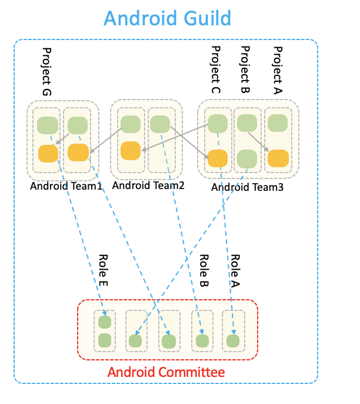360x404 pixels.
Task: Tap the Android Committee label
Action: tap(165, 372)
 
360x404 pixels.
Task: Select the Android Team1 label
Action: tap(66, 187)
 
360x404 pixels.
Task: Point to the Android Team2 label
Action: tap(148, 186)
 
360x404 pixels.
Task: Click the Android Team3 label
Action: tap(247, 187)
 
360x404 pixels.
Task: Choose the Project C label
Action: tap(215, 69)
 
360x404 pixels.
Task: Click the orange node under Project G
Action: tap(48, 154)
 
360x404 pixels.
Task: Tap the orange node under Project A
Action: tap(278, 158)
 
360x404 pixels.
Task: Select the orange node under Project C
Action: tap(218, 158)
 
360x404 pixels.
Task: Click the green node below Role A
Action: tap(233, 340)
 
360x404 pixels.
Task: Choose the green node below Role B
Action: tap(202, 340)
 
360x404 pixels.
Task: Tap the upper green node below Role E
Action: tap(105, 322)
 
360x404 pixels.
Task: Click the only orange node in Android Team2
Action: tap(131, 150)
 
